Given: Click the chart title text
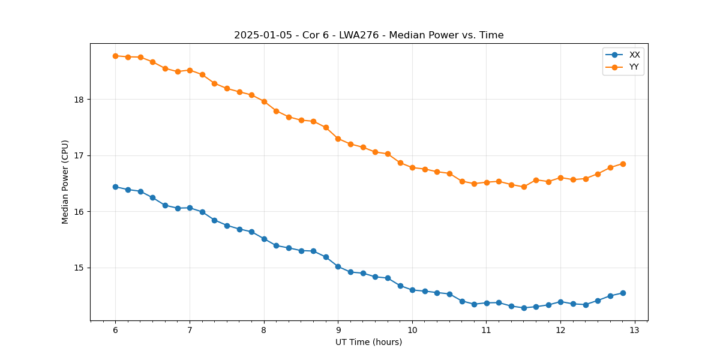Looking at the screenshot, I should [x=368, y=35].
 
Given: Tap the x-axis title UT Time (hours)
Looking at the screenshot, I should [x=368, y=342].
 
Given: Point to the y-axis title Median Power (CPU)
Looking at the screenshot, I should [x=65, y=182].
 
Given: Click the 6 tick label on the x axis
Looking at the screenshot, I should [x=115, y=331].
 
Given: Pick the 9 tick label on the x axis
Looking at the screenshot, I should [x=338, y=331].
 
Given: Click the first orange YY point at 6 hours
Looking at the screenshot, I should [x=115, y=56].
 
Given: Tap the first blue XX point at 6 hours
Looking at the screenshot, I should [x=115, y=187].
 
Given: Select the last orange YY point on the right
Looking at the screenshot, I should [x=623, y=164].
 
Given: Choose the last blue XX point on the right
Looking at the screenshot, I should [x=623, y=293].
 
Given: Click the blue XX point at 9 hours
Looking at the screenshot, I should [x=338, y=266].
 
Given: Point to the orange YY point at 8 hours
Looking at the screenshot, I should [x=264, y=101].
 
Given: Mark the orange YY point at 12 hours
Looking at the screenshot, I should [x=560, y=178].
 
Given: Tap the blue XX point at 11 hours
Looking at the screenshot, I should [x=487, y=303].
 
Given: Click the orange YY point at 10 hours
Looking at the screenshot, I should [x=412, y=167].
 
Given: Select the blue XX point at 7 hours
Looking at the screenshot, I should [x=190, y=208].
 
